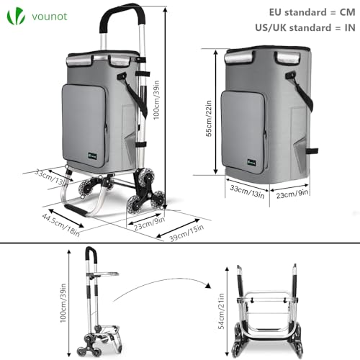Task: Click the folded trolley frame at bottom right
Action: (x=263, y=310)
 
